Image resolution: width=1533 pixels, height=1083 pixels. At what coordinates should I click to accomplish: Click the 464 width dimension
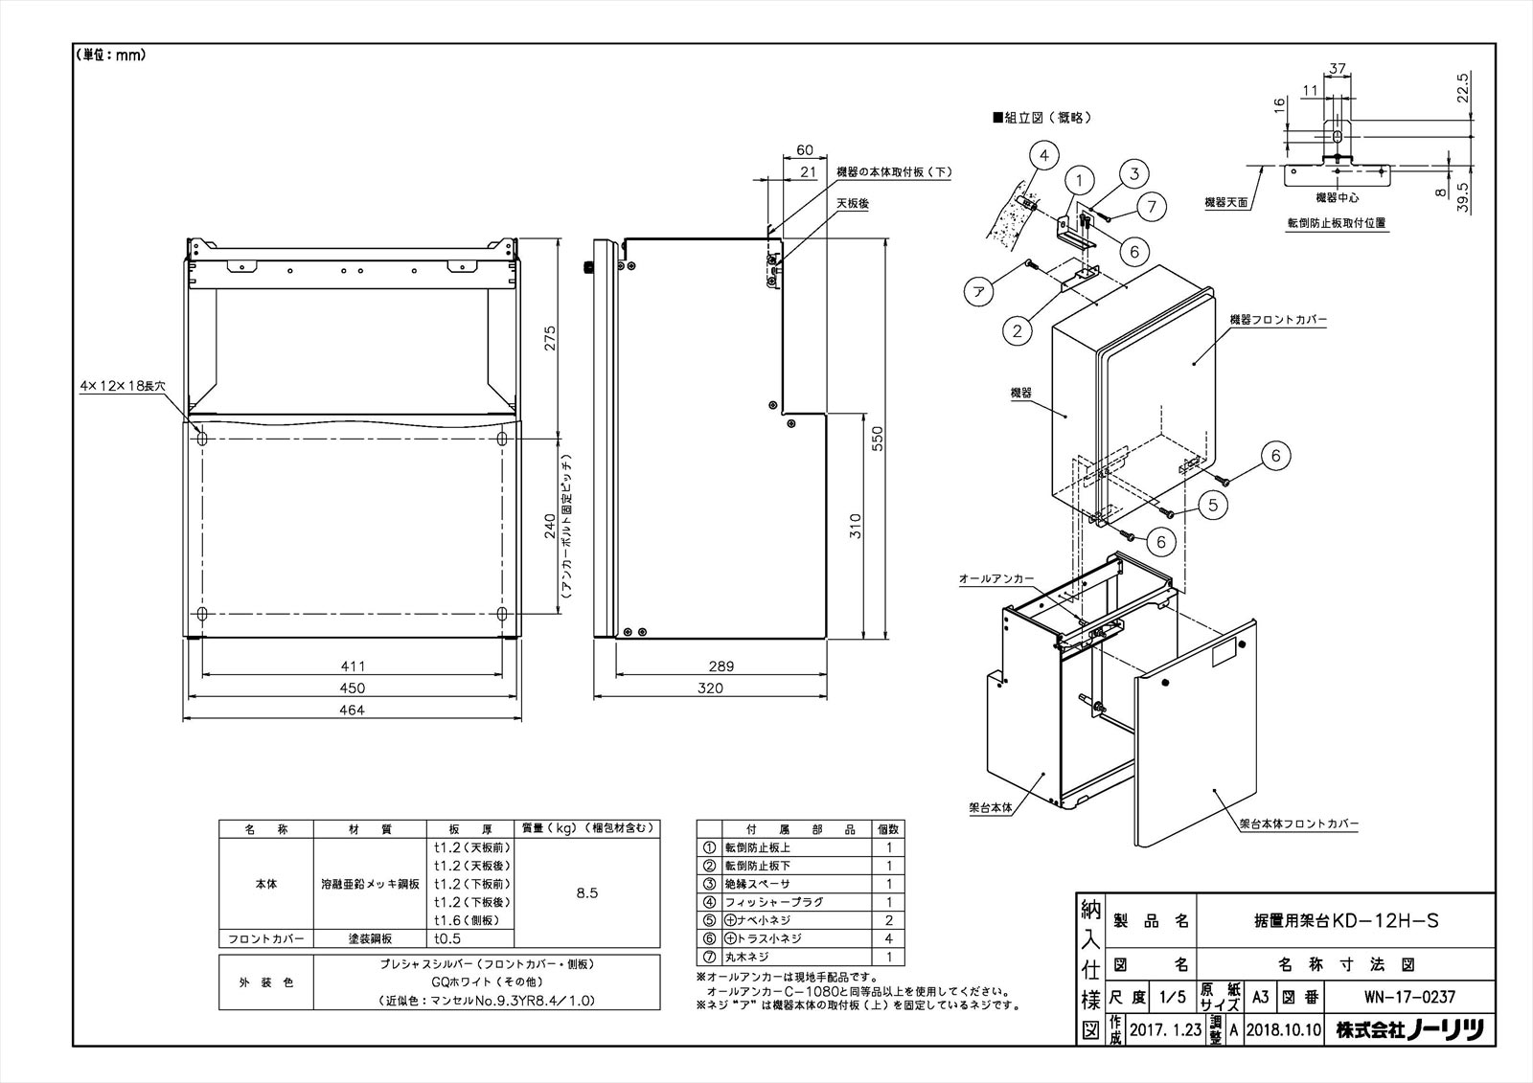coord(352,710)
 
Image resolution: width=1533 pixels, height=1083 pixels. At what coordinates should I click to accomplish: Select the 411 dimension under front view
coord(352,666)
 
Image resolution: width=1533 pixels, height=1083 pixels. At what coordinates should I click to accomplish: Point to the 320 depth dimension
coord(710,688)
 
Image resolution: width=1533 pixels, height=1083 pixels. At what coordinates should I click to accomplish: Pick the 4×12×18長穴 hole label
coord(124,384)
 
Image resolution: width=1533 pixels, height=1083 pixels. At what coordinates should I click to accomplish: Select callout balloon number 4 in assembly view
coord(1044,155)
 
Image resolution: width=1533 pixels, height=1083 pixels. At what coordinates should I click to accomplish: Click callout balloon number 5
coord(1212,505)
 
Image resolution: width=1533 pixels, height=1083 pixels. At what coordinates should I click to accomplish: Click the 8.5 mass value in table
coord(587,892)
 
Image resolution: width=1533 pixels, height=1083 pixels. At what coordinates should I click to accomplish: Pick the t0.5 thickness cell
coord(446,938)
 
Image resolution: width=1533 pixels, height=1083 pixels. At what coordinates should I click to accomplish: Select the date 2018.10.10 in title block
coord(1283,1031)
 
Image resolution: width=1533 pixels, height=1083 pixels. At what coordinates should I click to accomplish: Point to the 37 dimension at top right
coord(1338,68)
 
